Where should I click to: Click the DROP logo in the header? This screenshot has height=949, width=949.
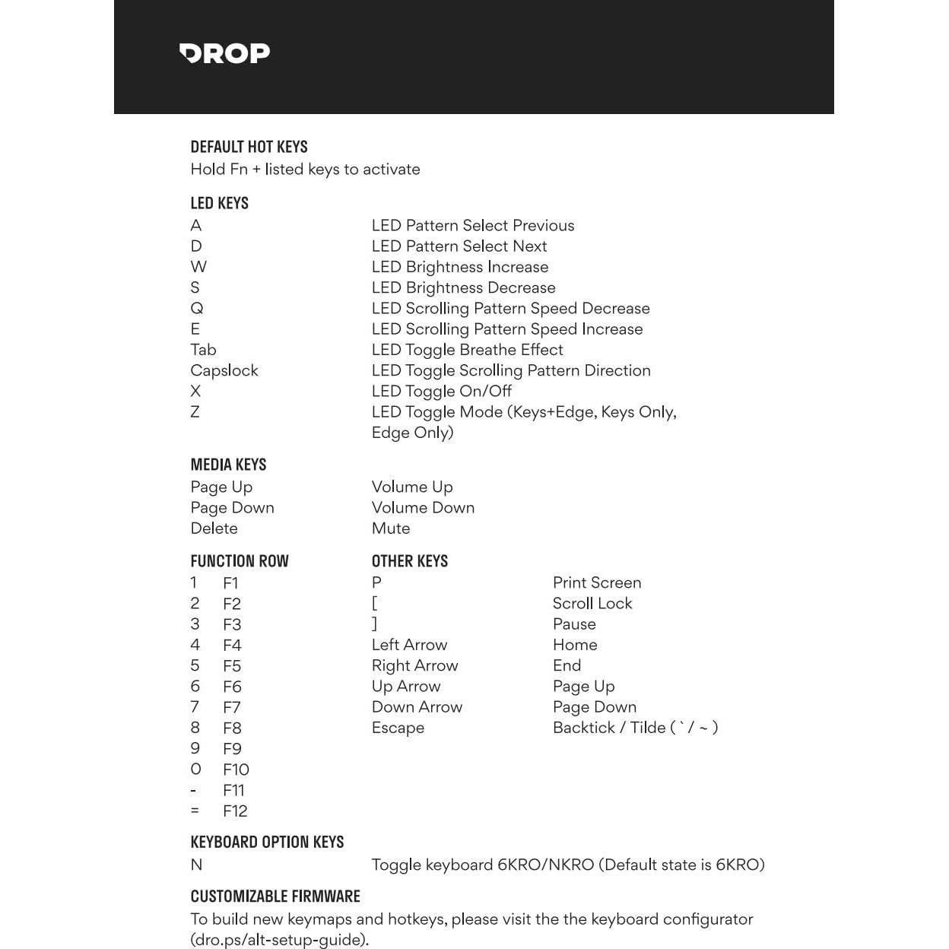224,53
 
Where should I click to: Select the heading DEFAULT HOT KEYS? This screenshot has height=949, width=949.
249,147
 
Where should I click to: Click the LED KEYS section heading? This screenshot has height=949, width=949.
219,203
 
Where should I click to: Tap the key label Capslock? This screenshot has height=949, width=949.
224,370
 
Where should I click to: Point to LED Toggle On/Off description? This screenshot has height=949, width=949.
441,391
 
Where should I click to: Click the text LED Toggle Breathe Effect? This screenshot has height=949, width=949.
467,350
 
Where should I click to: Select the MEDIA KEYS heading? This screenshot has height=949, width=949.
228,465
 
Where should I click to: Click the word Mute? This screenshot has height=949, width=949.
390,528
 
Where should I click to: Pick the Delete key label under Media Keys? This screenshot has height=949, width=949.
214,528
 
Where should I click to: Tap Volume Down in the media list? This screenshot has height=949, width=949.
423,508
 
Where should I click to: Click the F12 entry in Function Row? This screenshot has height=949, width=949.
235,811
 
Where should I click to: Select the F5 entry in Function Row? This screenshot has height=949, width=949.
232,666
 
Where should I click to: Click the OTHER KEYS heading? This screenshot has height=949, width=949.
409,561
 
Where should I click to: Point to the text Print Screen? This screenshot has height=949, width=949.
596,582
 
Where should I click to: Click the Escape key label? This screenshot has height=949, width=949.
398,728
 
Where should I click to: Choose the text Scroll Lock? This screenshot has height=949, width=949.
592,603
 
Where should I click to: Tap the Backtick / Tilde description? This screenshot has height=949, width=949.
635,728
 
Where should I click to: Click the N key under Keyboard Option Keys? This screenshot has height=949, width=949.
196,865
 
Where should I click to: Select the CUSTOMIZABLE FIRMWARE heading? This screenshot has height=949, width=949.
275,897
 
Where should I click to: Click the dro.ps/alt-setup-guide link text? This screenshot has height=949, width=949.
279,940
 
